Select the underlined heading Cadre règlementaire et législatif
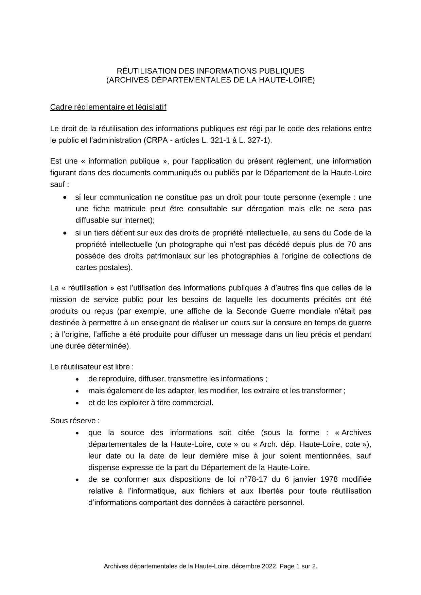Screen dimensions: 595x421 pyautogui.click(x=108, y=107)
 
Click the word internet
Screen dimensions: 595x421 pyautogui.click(x=139, y=220)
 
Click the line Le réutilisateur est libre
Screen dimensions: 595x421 pyautogui.click(x=92, y=367)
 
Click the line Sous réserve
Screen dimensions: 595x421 pyautogui.click(x=75, y=421)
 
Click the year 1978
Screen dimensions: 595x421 pyautogui.click(x=327, y=479)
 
